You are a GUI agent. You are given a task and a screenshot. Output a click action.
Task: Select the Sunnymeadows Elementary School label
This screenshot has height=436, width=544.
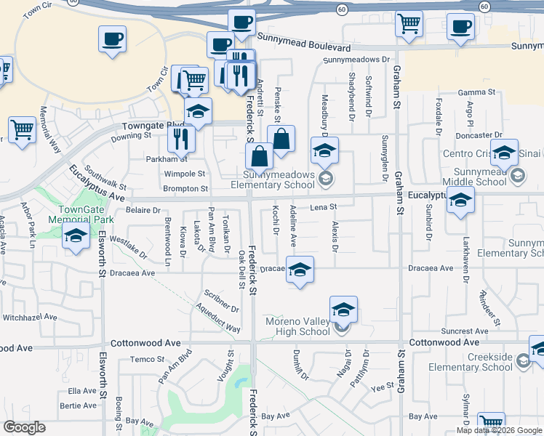pos(279,179)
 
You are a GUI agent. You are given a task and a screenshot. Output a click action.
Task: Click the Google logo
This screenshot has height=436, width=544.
pos(25,427)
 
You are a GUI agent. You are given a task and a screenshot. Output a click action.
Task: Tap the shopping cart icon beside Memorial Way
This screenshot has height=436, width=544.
pos(23,130)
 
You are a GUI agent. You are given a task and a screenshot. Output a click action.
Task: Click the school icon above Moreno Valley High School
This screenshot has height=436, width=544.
pos(343,310)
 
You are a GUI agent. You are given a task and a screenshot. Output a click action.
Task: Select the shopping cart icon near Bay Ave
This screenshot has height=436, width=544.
pos(491,423)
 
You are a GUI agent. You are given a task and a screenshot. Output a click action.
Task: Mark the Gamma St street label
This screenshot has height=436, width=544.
pos(476,93)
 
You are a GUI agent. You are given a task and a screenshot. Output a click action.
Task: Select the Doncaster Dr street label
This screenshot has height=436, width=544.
pos(478,135)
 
